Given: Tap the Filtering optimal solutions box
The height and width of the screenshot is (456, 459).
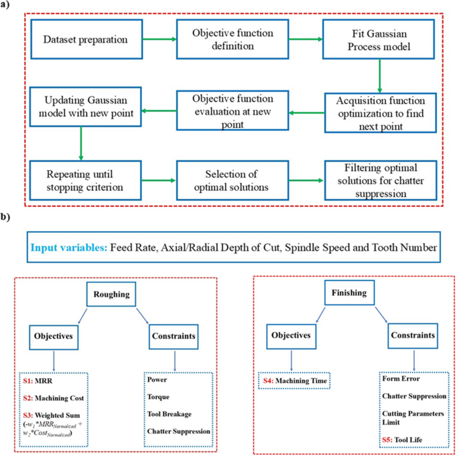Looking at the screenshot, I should (x=380, y=179).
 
